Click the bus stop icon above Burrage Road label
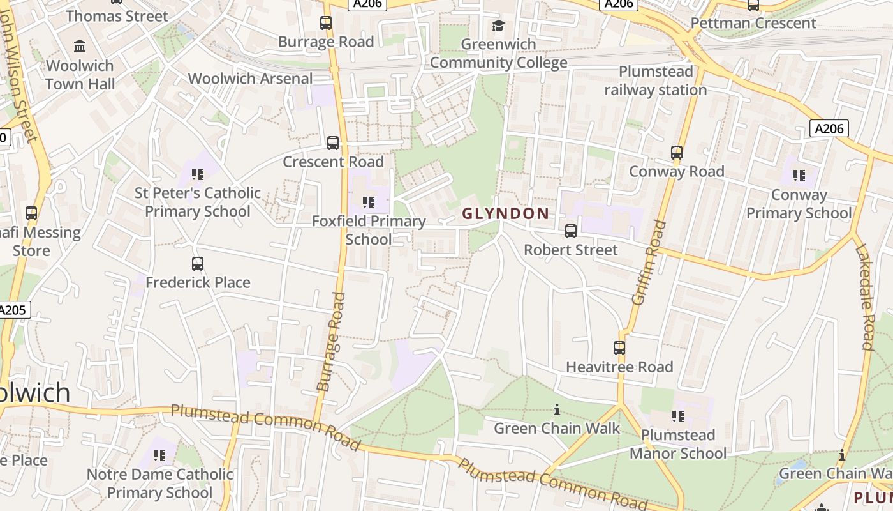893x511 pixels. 326,23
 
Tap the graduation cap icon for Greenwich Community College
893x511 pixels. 498,26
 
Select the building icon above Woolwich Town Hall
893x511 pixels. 80,47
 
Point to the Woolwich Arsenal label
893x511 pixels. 250,79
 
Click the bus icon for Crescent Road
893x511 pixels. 333,143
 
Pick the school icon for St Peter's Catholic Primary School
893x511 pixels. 197,174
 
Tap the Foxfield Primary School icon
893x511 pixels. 368,202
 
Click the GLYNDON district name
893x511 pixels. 506,214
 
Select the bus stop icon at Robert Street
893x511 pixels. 571,231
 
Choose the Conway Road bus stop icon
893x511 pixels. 677,153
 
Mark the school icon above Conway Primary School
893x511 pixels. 799,175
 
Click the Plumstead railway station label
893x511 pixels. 656,80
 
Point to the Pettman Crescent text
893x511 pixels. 753,24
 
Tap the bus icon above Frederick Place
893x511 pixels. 198,264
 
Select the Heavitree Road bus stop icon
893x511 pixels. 619,348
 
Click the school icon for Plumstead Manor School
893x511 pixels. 678,416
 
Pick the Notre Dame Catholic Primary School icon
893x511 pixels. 159,455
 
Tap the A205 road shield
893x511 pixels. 13,310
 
